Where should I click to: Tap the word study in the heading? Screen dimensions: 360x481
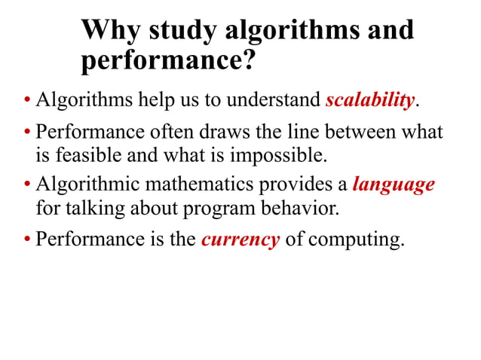tap(179, 31)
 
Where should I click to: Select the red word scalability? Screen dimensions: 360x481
tap(370, 100)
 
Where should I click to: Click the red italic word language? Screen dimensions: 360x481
tap(394, 185)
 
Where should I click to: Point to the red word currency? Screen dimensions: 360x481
tap(240, 241)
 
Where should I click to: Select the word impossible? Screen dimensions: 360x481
tap(285, 156)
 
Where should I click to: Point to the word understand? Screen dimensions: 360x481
tap(274, 100)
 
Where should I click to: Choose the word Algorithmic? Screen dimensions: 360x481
tap(85, 185)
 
